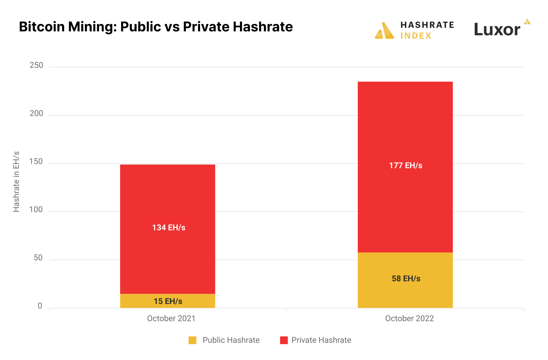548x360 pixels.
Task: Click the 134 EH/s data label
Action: (169, 228)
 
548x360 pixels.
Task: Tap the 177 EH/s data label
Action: (406, 166)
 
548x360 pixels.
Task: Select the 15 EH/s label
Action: (168, 301)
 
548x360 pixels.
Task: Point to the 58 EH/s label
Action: (406, 279)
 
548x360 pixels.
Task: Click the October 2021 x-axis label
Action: (171, 319)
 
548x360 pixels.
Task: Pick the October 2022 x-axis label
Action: (409, 319)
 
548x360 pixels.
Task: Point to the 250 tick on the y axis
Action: (36, 65)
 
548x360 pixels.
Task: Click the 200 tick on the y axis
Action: (36, 114)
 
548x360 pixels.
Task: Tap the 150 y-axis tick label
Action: (36, 162)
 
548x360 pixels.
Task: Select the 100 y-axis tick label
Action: (36, 210)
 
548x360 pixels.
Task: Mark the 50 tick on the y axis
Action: (38, 258)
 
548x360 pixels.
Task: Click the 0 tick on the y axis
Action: (40, 306)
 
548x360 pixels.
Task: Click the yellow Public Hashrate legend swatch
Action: (192, 340)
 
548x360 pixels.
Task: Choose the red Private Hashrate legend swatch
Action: (284, 340)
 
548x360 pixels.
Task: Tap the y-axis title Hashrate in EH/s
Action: (16, 182)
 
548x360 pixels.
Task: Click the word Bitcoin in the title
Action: (42, 27)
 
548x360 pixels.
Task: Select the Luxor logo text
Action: (497, 30)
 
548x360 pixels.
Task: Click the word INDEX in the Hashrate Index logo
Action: (416, 36)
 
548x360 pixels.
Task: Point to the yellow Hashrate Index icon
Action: (384, 31)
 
